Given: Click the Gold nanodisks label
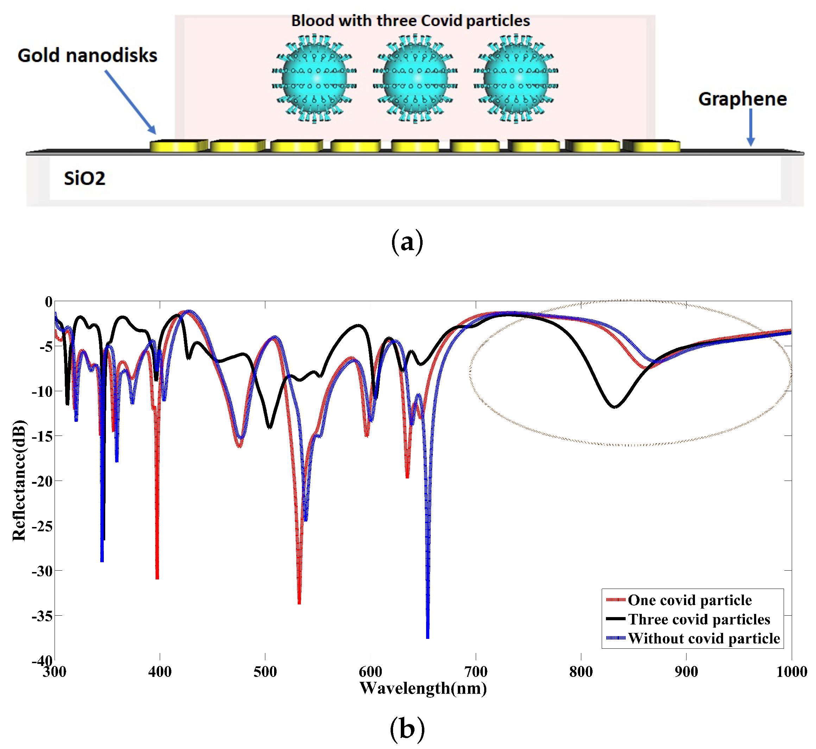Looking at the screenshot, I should pos(87,56).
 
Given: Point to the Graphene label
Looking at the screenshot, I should pos(742,99).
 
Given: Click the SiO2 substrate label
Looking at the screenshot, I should pos(84,178).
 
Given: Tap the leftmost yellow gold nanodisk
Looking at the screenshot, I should pos(178,146).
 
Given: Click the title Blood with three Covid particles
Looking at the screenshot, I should pos(410,21).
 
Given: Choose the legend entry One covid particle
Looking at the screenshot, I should pos(689,600).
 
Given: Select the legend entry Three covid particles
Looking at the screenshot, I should pos(698,619).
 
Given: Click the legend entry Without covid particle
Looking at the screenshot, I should pos(704,638).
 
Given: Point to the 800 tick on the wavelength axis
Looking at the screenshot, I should pos(581,672).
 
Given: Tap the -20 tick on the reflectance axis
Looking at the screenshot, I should pos(42,481).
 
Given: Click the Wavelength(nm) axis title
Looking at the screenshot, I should pos(423,688).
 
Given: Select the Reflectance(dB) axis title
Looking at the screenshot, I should pos(19,480).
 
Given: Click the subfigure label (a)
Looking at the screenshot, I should pos(407,242).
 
